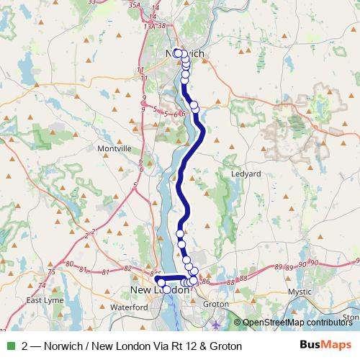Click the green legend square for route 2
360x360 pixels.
pyautogui.click(x=9, y=346)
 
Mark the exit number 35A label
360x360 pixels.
pyautogui.click(x=132, y=4)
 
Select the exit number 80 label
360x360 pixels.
pyautogui.click(x=69, y=269)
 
